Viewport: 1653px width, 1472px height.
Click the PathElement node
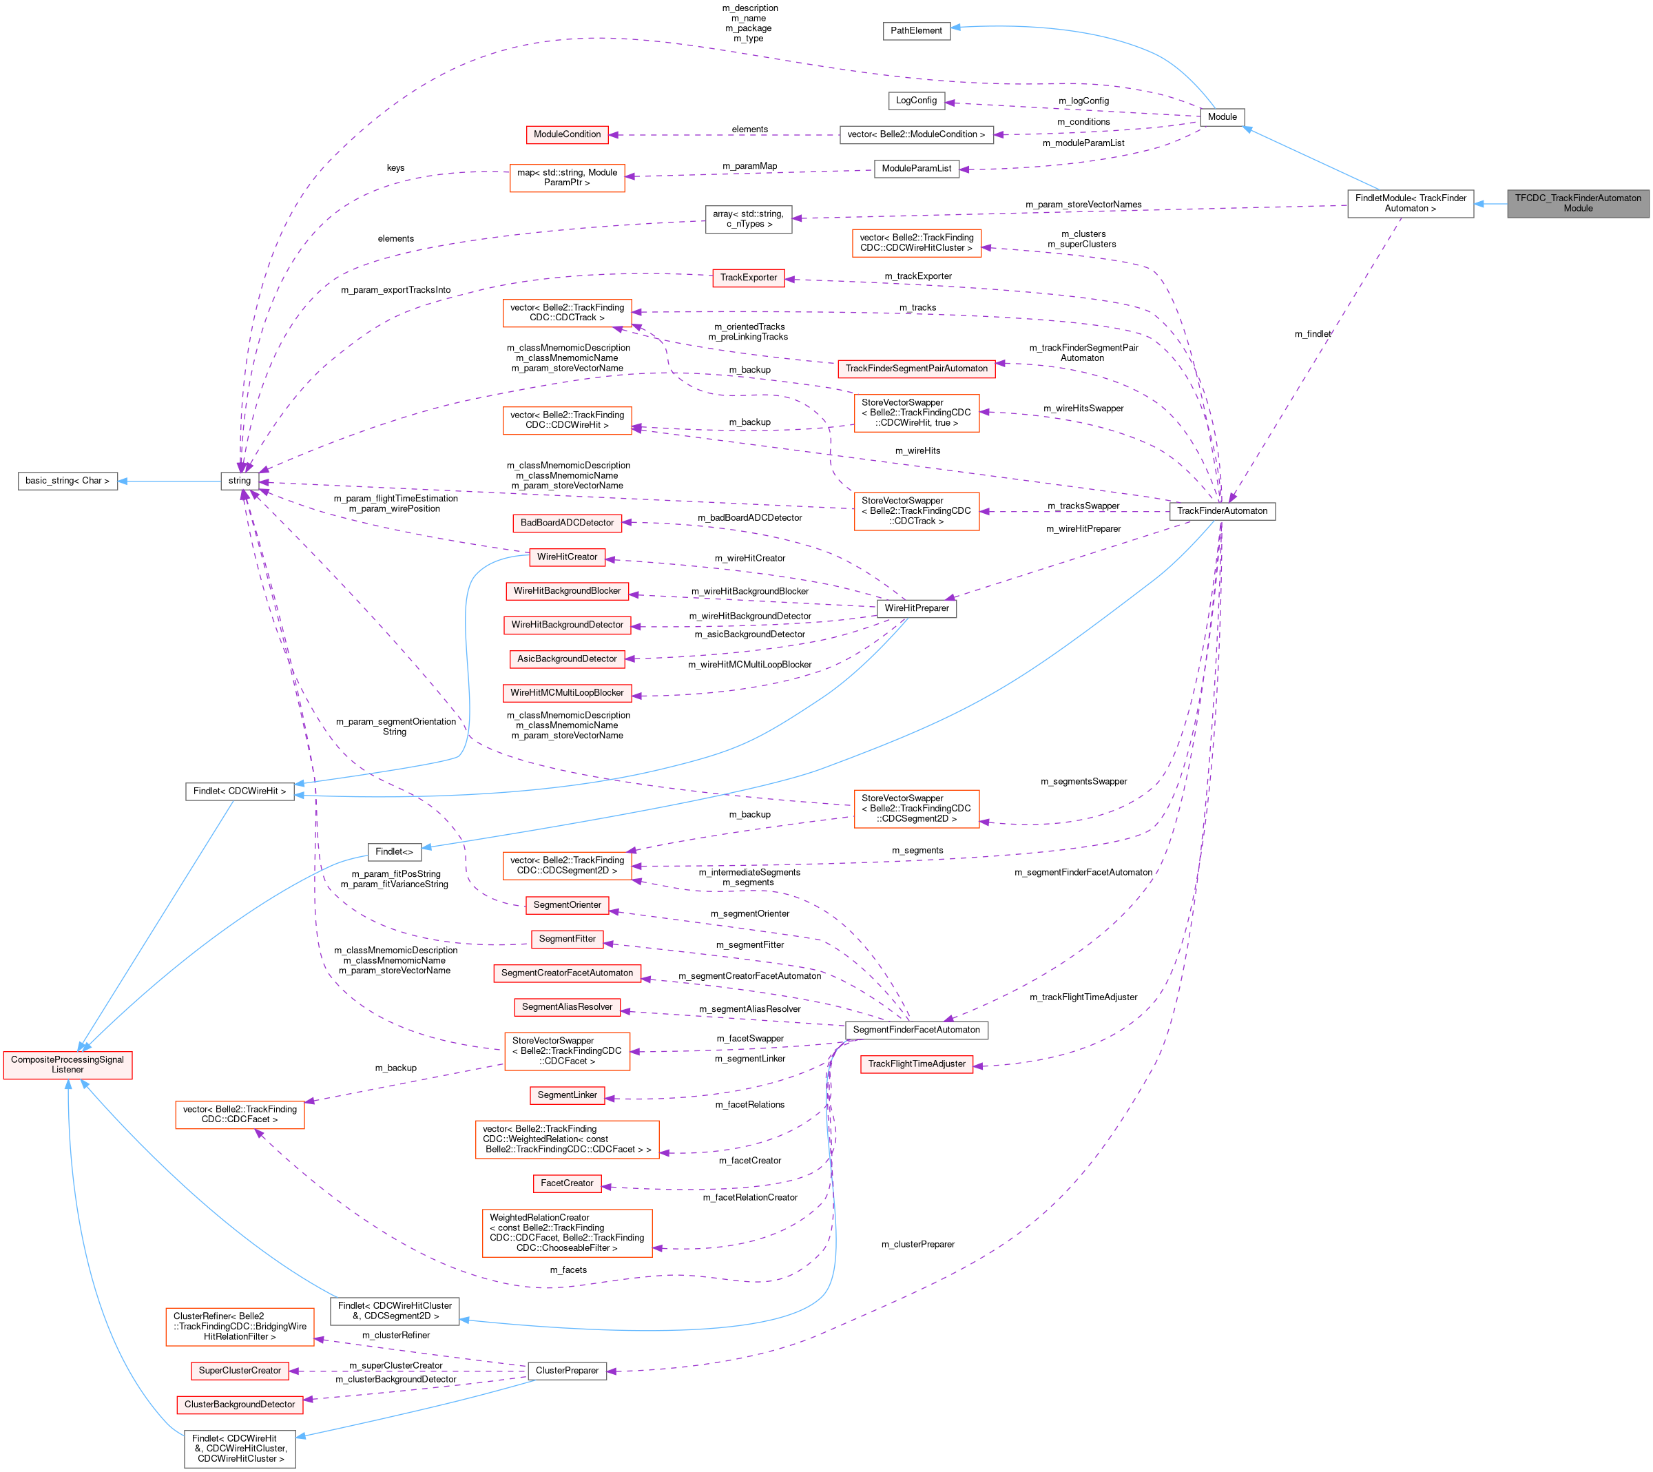click(915, 31)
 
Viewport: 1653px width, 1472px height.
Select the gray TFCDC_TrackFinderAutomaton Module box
click(1577, 203)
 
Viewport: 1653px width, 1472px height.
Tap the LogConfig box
click(915, 101)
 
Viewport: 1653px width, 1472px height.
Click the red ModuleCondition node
click(567, 134)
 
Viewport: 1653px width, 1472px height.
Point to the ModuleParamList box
click(915, 168)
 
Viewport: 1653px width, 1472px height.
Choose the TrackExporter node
click(748, 278)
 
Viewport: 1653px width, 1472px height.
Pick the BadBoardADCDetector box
click(567, 523)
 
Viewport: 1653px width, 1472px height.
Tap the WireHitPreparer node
click(916, 608)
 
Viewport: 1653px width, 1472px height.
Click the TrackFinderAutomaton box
click(1221, 511)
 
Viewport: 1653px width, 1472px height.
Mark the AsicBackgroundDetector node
click(567, 659)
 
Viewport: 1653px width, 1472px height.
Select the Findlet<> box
click(394, 851)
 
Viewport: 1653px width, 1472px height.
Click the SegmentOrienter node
click(567, 905)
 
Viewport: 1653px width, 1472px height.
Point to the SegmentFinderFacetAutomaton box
click(915, 1030)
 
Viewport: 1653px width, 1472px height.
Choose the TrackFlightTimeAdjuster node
click(916, 1064)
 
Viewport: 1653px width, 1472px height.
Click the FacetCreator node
click(567, 1183)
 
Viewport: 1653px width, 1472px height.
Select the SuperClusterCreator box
click(240, 1370)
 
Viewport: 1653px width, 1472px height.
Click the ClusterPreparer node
click(567, 1370)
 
